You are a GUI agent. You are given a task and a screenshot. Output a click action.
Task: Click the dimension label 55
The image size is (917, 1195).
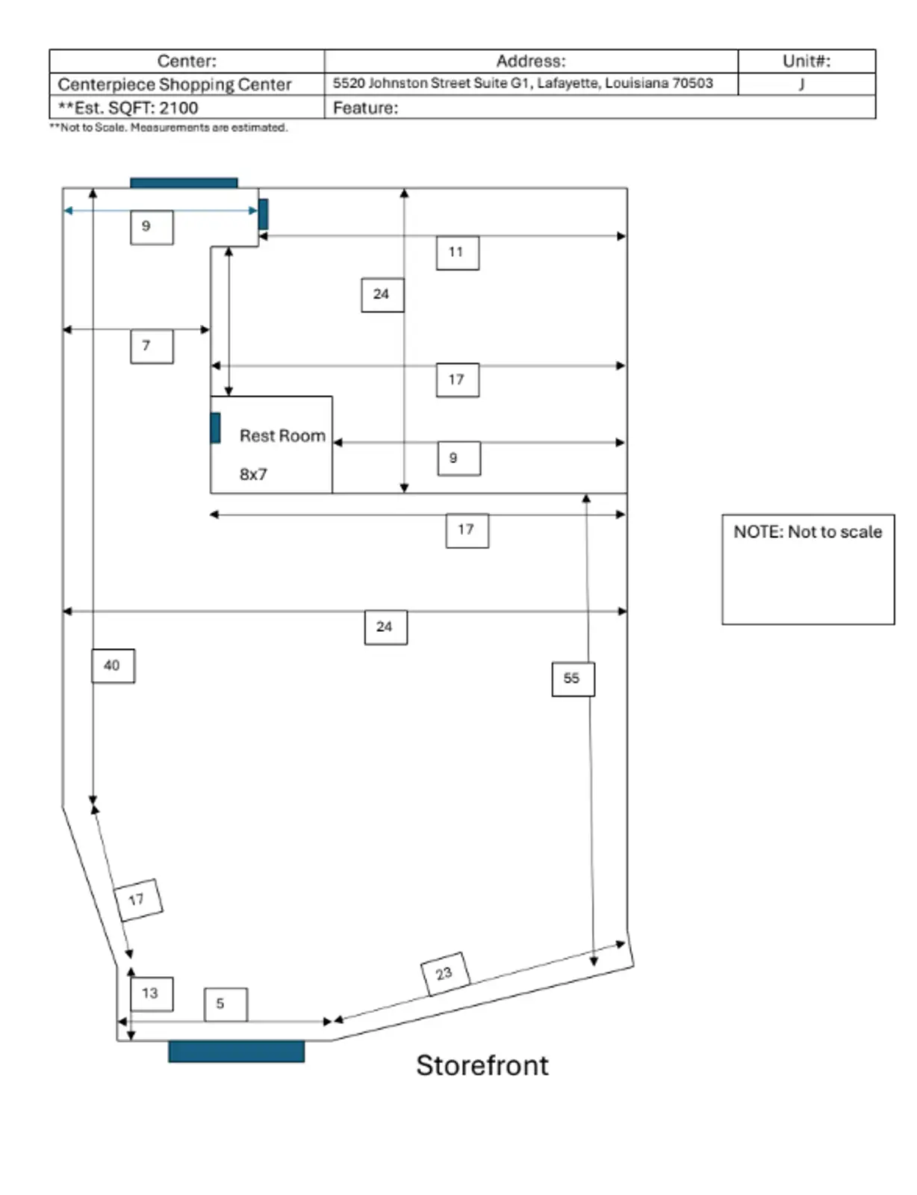tap(573, 679)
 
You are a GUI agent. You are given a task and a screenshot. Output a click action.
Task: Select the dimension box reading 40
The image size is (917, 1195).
tap(113, 665)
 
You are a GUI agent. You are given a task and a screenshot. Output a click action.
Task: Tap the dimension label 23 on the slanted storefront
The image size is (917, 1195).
tap(445, 974)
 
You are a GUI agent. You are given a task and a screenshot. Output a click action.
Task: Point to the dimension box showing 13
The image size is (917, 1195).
tap(151, 994)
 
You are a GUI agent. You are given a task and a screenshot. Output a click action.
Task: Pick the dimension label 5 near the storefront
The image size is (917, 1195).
tap(225, 1005)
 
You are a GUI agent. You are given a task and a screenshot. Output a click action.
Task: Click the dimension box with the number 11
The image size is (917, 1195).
tap(457, 252)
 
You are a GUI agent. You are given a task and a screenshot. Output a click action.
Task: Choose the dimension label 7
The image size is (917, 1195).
tap(152, 347)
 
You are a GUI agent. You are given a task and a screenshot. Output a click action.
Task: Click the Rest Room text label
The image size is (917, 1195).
tap(282, 435)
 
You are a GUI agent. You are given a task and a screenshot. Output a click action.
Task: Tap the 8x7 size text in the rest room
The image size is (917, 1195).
tap(253, 474)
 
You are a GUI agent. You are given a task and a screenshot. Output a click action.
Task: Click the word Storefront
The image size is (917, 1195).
tap(482, 1066)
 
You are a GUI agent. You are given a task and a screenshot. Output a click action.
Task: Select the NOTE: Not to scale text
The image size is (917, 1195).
tap(807, 532)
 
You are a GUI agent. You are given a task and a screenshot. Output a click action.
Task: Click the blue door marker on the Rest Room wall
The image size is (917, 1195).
tap(215, 428)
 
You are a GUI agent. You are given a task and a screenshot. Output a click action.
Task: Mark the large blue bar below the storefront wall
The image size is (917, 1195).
tap(236, 1052)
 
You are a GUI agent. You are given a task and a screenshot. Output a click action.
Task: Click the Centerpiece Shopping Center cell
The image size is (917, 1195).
tap(175, 84)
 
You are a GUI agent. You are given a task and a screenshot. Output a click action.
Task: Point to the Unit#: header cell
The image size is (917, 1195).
tap(806, 61)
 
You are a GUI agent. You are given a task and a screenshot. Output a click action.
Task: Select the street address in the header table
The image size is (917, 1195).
tap(523, 84)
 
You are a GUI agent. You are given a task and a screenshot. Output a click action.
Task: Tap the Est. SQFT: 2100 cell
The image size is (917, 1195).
tap(128, 108)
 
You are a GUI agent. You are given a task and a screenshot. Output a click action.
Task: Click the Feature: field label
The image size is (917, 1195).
tap(365, 108)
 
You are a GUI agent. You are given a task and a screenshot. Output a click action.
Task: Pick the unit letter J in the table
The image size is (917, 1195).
tap(801, 84)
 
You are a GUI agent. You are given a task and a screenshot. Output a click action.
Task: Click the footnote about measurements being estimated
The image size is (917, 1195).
tap(169, 128)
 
